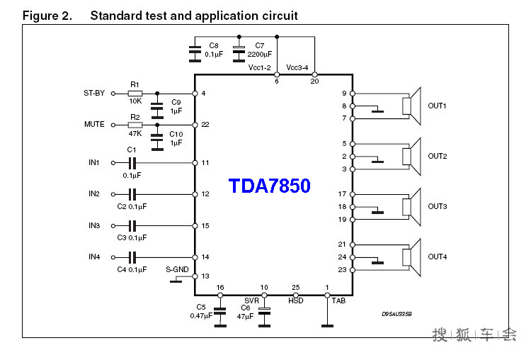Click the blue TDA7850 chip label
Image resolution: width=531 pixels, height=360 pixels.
click(x=269, y=186)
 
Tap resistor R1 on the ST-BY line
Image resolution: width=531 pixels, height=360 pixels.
click(x=135, y=94)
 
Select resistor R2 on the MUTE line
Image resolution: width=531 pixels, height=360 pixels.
click(x=135, y=125)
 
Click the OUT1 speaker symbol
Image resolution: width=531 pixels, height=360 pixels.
click(x=411, y=106)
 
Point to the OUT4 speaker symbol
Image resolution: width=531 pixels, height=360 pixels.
click(x=411, y=257)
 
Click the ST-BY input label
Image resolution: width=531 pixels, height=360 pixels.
click(x=94, y=94)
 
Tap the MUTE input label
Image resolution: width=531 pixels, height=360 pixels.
click(x=94, y=125)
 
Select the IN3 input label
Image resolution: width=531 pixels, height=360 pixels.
click(x=94, y=225)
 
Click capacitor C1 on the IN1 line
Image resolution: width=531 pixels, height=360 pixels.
click(x=131, y=163)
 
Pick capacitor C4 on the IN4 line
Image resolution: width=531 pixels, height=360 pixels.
click(x=131, y=257)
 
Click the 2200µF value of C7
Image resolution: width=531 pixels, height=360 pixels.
click(x=259, y=55)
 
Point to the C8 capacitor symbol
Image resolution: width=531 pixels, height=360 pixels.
click(x=194, y=50)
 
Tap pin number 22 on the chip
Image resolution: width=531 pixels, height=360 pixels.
click(x=205, y=125)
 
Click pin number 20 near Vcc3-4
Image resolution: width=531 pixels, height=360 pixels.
click(x=314, y=81)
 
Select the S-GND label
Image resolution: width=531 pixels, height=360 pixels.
click(x=177, y=269)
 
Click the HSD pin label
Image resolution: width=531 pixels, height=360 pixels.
click(x=296, y=300)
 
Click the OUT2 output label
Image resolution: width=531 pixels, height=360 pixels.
click(x=437, y=156)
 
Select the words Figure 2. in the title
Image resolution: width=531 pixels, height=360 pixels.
click(x=47, y=16)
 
